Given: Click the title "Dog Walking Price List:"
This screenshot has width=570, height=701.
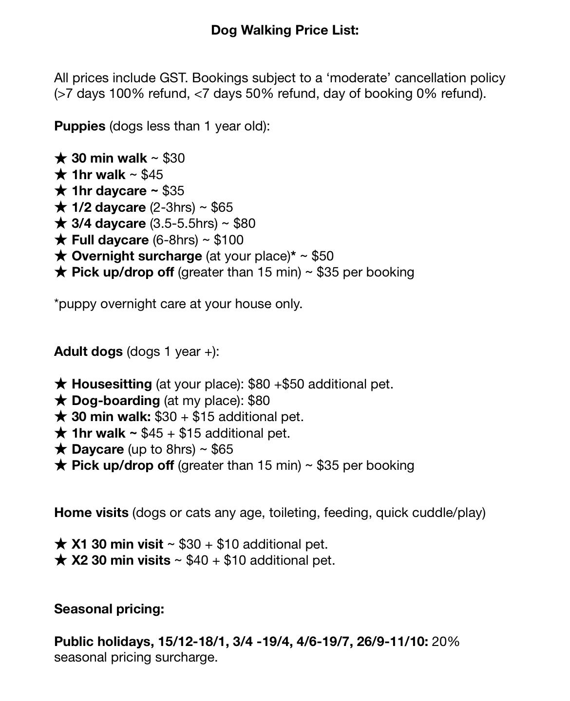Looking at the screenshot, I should pos(285,30).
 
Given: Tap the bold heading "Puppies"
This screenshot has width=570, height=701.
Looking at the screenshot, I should pos(80,126).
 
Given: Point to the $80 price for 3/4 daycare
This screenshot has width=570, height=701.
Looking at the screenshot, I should pos(245,223).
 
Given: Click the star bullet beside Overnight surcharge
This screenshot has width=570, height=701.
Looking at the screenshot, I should pos(60,256).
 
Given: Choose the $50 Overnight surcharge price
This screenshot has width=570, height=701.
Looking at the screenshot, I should pos(323,256).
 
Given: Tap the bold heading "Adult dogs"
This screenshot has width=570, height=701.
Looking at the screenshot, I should pos(88,351).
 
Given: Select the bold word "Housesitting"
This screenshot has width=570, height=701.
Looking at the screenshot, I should pos(112,384).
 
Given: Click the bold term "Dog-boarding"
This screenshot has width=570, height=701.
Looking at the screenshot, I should pos(115,401).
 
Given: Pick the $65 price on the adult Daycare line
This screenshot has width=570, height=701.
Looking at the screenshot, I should pos(222,449).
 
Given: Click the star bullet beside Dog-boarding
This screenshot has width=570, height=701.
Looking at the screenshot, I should pos(60,401).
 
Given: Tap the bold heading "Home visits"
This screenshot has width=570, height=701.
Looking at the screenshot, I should pos(91,513).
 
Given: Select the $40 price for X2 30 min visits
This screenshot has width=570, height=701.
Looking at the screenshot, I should pos(197,560).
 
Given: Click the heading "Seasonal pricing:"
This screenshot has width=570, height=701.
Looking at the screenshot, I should pos(109,609).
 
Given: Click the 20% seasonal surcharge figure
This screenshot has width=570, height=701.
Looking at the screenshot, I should pos(445,642).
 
